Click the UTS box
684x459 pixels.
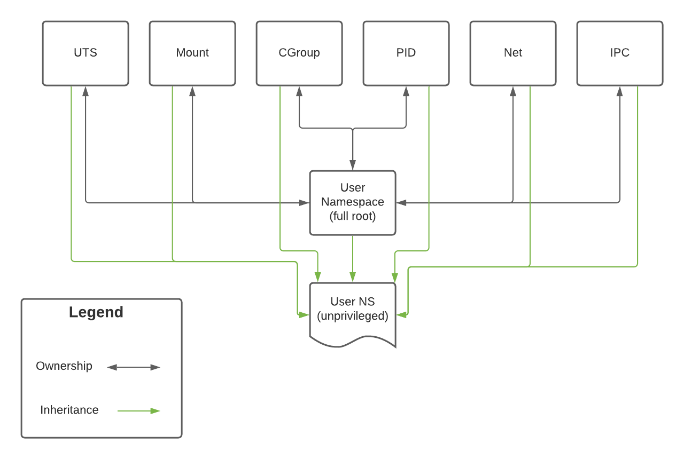85,53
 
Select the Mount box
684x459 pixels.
192,53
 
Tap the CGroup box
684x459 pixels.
299,53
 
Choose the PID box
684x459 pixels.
406,53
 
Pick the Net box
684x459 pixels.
513,53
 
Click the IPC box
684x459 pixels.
620,53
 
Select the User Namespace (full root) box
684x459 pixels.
353,203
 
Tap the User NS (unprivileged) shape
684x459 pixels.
353,314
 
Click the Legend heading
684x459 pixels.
96,312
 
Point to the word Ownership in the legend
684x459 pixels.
64,366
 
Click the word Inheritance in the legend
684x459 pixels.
69,410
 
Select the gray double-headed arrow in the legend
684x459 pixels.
134,367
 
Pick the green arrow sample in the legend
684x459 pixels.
138,411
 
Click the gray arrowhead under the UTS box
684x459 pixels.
85,91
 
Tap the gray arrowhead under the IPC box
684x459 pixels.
619,91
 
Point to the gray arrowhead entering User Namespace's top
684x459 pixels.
353,165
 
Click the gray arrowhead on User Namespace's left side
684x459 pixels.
304,203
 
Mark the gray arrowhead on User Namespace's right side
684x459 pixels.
401,203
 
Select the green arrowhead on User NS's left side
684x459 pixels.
304,315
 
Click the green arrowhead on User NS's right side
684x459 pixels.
401,315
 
